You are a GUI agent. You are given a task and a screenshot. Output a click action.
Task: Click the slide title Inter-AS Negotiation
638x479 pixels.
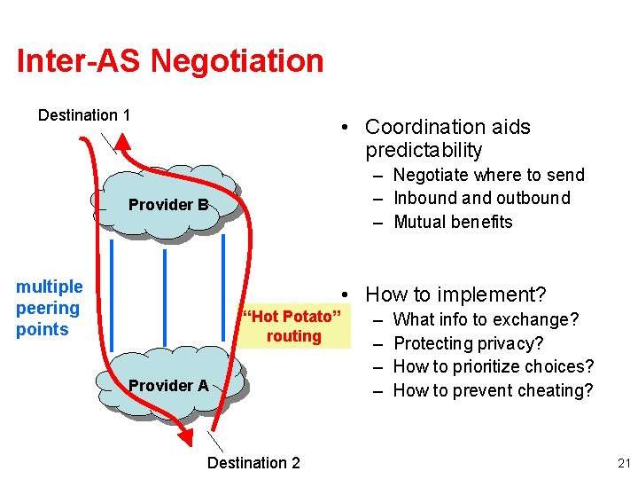[170, 61]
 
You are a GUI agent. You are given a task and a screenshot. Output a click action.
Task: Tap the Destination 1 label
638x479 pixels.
[84, 115]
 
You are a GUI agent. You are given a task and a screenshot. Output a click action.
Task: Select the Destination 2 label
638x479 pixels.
[253, 462]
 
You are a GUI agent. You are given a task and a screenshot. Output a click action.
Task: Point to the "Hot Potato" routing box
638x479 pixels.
[293, 326]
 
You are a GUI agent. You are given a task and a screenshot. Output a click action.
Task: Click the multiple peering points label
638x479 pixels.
[49, 308]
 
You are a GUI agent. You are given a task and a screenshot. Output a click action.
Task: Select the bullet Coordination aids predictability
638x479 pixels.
[447, 138]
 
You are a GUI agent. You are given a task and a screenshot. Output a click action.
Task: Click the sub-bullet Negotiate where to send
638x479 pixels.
[488, 175]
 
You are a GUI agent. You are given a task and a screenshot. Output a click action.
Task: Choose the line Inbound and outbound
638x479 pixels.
[481, 198]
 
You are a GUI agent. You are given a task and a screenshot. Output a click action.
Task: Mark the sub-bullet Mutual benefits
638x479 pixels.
[452, 222]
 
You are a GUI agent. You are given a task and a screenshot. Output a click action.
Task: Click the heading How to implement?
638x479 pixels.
[455, 294]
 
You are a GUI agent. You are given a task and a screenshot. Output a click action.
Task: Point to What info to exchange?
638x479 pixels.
[486, 319]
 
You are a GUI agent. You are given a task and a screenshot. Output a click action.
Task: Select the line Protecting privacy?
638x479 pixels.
[468, 343]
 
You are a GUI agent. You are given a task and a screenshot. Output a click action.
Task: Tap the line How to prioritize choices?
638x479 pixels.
[493, 366]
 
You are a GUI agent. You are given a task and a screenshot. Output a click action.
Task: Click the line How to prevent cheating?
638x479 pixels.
[493, 390]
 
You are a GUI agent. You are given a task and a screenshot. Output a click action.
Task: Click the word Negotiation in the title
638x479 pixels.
[237, 61]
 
